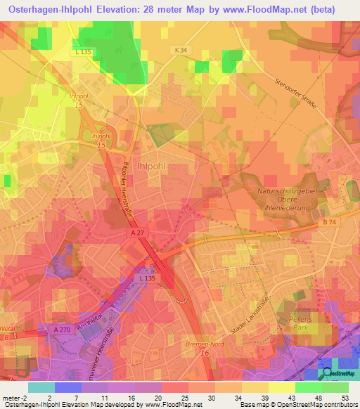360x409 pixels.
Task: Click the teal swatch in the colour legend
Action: coord(41,387)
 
